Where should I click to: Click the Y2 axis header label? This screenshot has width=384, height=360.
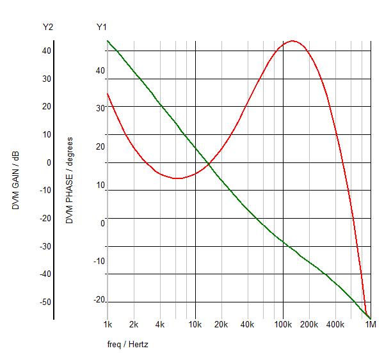(47, 27)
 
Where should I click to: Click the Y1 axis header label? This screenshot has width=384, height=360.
(102, 27)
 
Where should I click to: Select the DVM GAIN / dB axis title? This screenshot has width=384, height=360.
(15, 180)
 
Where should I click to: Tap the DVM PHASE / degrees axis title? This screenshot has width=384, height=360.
(69, 180)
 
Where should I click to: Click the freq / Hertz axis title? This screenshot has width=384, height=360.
(128, 345)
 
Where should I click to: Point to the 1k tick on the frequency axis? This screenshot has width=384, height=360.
(108, 325)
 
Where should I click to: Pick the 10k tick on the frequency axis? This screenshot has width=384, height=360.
(195, 325)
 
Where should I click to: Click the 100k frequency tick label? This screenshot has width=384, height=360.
(283, 325)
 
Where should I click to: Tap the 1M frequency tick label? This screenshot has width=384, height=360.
(370, 325)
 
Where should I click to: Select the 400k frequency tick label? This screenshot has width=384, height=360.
(335, 325)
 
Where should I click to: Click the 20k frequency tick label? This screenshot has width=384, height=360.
(221, 325)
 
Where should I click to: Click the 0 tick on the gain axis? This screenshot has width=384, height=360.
(48, 162)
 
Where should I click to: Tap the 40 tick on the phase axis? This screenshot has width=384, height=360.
(100, 70)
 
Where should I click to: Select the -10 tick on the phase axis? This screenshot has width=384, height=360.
(99, 261)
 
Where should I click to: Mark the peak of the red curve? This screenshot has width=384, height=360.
(292, 41)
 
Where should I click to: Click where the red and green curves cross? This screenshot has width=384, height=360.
(209, 166)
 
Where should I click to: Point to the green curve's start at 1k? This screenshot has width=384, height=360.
(108, 41)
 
